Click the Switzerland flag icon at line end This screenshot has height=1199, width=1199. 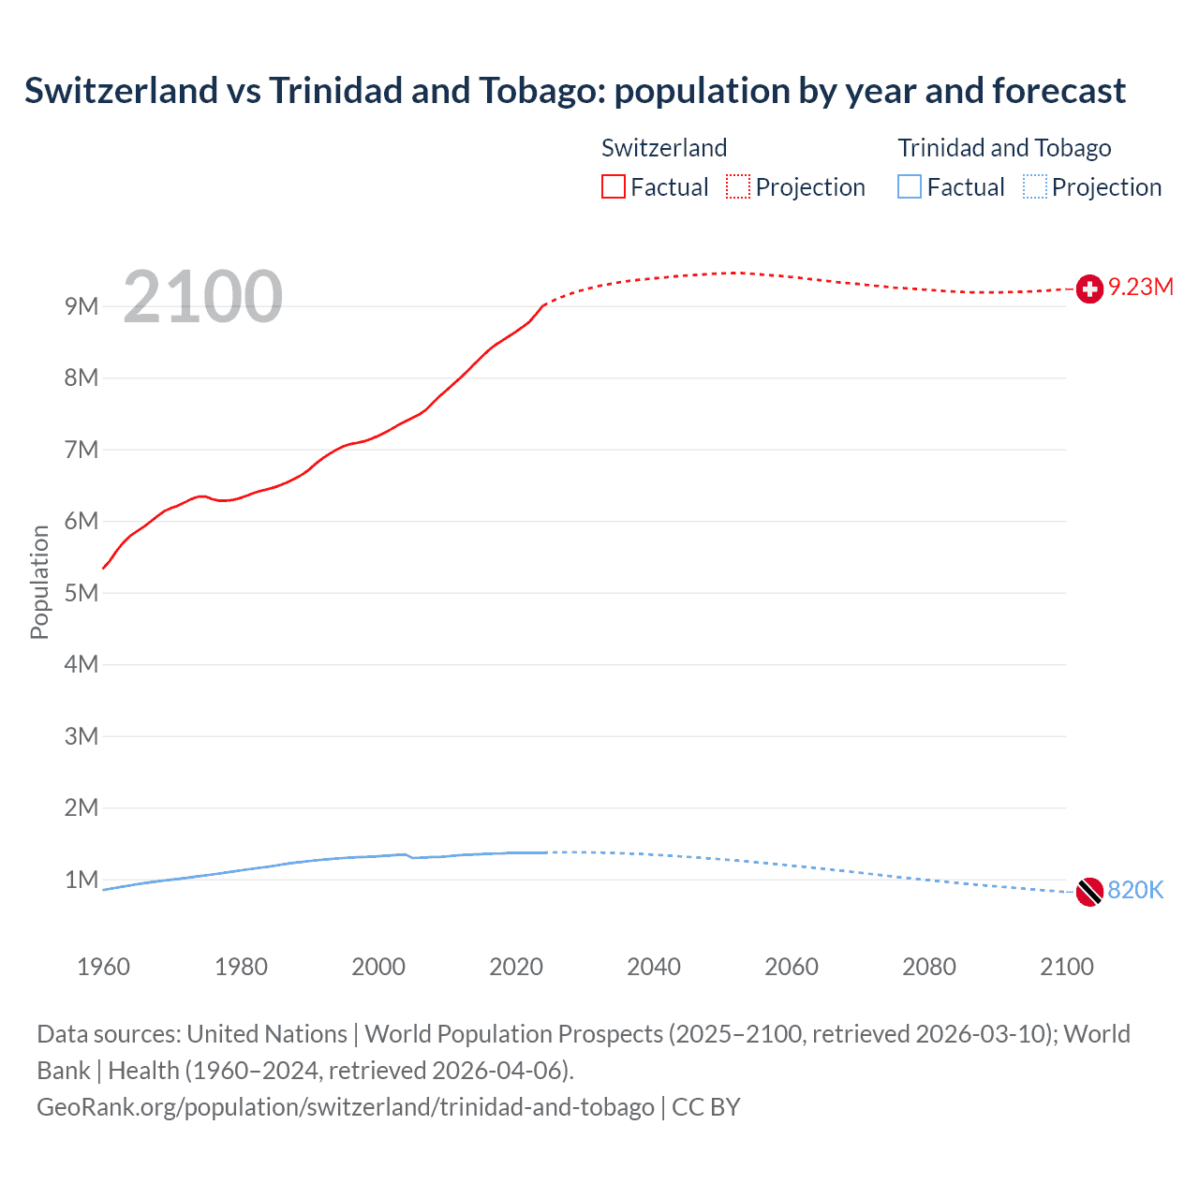click(1089, 289)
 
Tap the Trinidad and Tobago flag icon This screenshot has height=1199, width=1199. click(1089, 892)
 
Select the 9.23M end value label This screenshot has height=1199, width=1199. click(1141, 288)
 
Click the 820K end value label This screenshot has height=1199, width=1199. click(1135, 890)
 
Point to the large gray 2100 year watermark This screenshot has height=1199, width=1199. click(202, 297)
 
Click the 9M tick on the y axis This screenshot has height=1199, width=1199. click(81, 306)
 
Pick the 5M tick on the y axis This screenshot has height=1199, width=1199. click(81, 593)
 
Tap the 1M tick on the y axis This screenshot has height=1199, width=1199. click(81, 880)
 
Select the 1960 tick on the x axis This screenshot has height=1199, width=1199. click(103, 967)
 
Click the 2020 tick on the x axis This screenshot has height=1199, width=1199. click(516, 967)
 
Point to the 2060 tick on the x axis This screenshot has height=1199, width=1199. click(792, 967)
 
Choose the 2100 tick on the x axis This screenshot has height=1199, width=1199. click(1066, 967)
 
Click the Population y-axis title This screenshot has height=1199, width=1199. click(39, 582)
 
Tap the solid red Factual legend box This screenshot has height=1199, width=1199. click(614, 187)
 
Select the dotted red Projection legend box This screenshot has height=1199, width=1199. click(738, 187)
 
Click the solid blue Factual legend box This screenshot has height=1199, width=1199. click(910, 187)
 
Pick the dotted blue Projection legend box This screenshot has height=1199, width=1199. click(1034, 187)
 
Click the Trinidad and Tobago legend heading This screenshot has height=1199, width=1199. click(1004, 148)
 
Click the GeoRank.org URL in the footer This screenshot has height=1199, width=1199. click(346, 1107)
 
